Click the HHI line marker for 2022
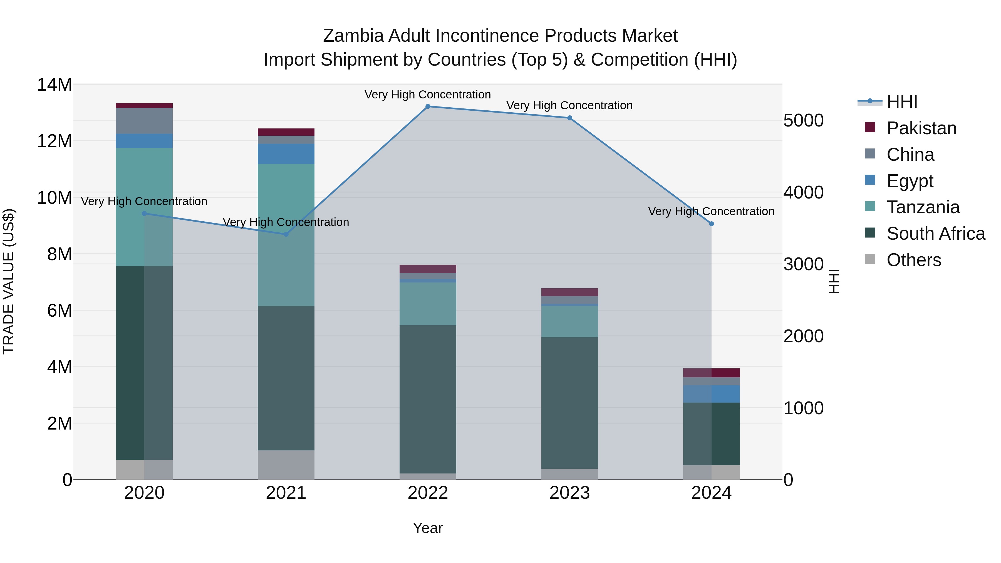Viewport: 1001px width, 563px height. pyautogui.click(x=428, y=106)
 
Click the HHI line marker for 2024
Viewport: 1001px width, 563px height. pyautogui.click(x=712, y=224)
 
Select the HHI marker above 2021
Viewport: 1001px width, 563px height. pyautogui.click(x=286, y=234)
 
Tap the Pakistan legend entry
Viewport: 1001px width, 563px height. pyautogui.click(x=921, y=128)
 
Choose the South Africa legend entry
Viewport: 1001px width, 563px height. pyautogui.click(x=936, y=234)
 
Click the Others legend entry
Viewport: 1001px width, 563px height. pyautogui.click(x=914, y=260)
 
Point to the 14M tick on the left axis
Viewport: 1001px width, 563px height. pyautogui.click(x=54, y=85)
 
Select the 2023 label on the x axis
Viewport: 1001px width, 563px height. pyautogui.click(x=570, y=493)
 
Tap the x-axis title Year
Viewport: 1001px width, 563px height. pyautogui.click(x=428, y=528)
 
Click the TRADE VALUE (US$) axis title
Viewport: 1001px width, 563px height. pyautogui.click(x=9, y=281)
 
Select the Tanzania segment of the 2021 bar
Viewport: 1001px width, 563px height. pyautogui.click(x=286, y=235)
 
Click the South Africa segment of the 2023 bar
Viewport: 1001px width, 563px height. pyautogui.click(x=570, y=403)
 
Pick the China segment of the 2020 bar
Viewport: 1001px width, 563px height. pyautogui.click(x=144, y=121)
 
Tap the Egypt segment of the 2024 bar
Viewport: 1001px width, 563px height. pyautogui.click(x=712, y=394)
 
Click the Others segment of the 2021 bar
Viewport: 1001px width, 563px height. pyautogui.click(x=286, y=465)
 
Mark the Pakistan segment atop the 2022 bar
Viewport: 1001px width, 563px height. pyautogui.click(x=428, y=269)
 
